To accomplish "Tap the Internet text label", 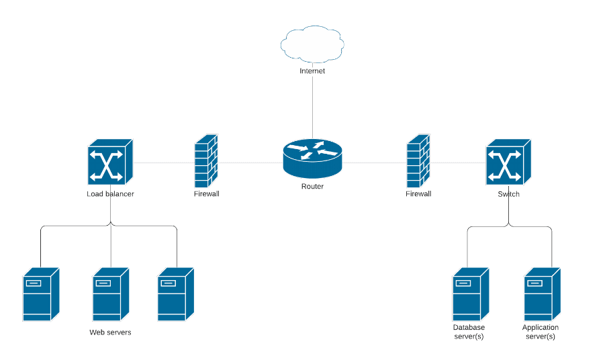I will pyautogui.click(x=312, y=71).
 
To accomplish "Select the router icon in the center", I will pyautogui.click(x=312, y=159).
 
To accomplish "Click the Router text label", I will pyautogui.click(x=312, y=186).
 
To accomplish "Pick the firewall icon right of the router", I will pyautogui.click(x=418, y=161).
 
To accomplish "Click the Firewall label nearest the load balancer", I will pyautogui.click(x=207, y=193).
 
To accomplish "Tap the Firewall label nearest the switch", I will pyautogui.click(x=418, y=193).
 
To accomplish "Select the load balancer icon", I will pyautogui.click(x=110, y=162).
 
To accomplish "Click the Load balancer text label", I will pyautogui.click(x=110, y=194).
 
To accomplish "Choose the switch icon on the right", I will pyautogui.click(x=508, y=162).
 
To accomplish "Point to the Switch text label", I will pyautogui.click(x=508, y=194).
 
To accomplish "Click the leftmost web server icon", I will pyautogui.click(x=41, y=294).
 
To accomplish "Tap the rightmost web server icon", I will pyautogui.click(x=176, y=294).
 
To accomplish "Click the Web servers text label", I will pyautogui.click(x=110, y=332).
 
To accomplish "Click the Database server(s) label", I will pyautogui.click(x=468, y=332).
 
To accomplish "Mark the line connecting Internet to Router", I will pyautogui.click(x=312, y=107).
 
